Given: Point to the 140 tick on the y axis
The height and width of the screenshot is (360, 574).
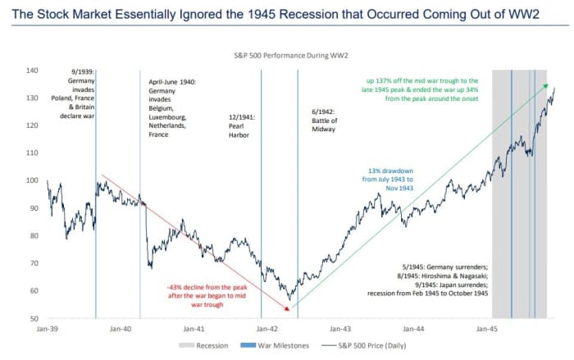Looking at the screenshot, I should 32,71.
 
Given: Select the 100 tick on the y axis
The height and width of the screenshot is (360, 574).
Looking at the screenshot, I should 32,180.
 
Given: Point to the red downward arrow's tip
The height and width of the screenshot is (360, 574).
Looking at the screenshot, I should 289,310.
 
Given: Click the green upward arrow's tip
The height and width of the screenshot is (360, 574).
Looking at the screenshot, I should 547,84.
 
